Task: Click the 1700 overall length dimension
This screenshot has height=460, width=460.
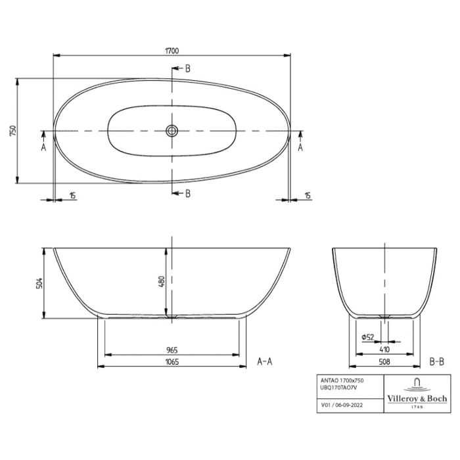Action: click(x=172, y=50)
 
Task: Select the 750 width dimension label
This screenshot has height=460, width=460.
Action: click(x=12, y=131)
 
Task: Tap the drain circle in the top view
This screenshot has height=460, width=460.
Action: click(x=172, y=131)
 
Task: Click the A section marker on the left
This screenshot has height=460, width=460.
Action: click(x=43, y=148)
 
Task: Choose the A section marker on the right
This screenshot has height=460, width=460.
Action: click(x=301, y=148)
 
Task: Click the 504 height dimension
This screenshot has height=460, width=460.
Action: click(x=39, y=283)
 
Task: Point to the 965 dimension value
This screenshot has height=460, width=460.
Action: click(x=173, y=350)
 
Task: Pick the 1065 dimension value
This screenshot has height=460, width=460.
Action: click(x=172, y=361)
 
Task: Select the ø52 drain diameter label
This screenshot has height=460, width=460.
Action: click(x=368, y=337)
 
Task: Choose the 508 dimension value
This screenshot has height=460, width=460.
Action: click(x=384, y=361)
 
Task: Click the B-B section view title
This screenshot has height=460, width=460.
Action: click(x=437, y=361)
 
